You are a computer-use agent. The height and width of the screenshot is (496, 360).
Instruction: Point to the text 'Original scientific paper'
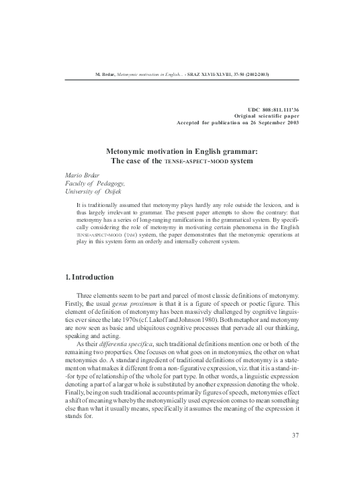pyautogui.click(x=261, y=116)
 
